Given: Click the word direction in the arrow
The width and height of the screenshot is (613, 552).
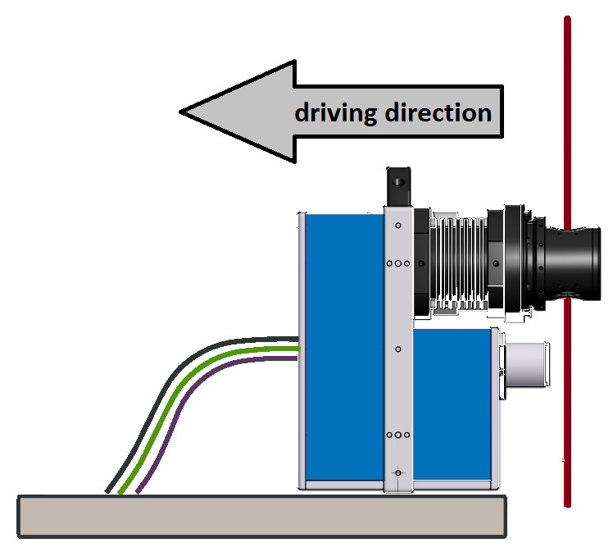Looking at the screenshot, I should pyautogui.click(x=438, y=112).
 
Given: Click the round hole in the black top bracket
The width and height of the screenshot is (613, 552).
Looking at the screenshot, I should pyautogui.click(x=398, y=178).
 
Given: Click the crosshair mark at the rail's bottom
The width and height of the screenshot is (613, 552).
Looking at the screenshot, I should pyautogui.click(x=398, y=472).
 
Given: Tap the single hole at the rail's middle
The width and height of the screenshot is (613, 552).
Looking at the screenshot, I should pyautogui.click(x=398, y=349).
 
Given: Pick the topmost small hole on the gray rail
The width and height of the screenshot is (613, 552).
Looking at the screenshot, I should pyautogui.click(x=398, y=224).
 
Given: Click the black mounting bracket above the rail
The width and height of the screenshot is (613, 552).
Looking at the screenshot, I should pyautogui.click(x=398, y=187).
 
